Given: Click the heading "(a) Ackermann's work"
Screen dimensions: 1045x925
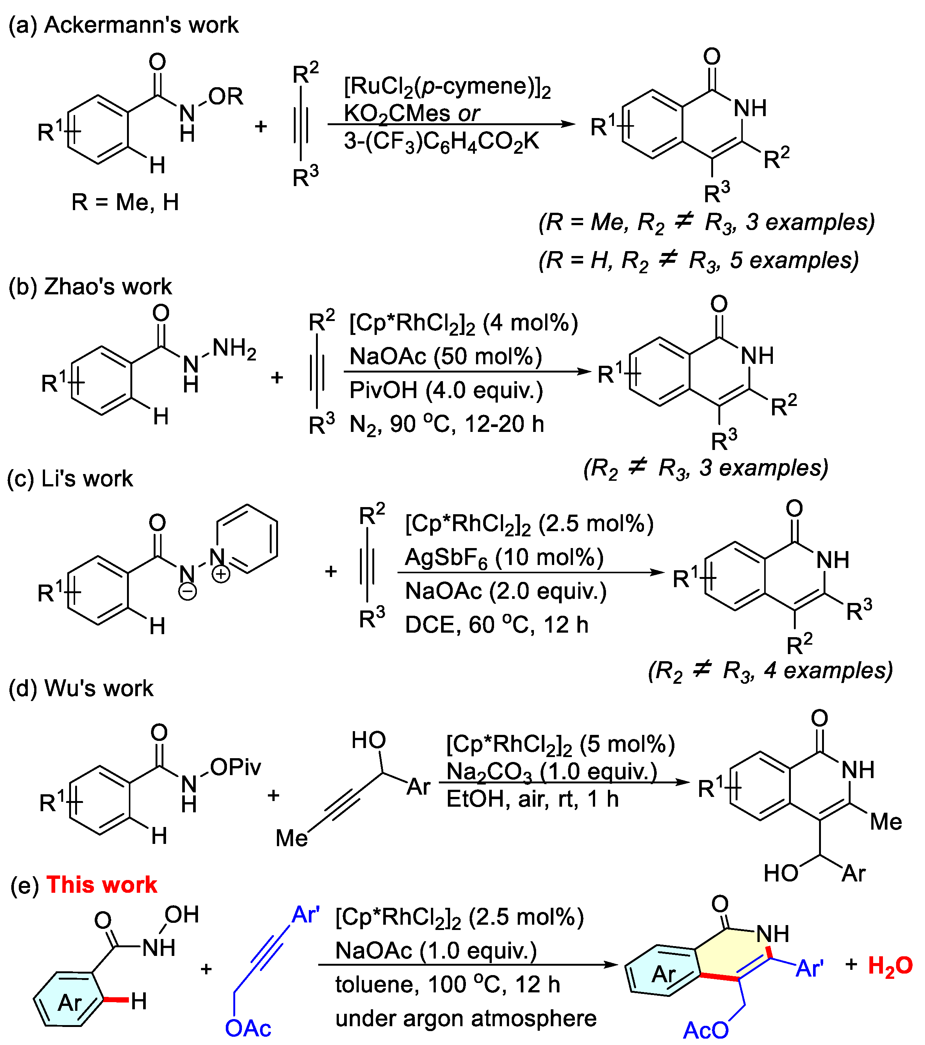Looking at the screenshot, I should pyautogui.click(x=124, y=24).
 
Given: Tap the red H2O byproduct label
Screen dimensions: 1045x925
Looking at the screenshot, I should pyautogui.click(x=890, y=966).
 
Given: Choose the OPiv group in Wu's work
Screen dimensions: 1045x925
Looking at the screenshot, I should pyautogui.click(x=236, y=767).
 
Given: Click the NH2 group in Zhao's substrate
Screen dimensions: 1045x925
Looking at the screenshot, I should pyautogui.click(x=234, y=349).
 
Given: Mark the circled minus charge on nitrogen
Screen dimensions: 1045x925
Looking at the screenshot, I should pyautogui.click(x=187, y=592).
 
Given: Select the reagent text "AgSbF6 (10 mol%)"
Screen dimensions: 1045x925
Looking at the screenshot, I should pyautogui.click(x=504, y=558).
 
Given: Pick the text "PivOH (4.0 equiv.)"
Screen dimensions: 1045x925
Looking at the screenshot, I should pyautogui.click(x=446, y=391).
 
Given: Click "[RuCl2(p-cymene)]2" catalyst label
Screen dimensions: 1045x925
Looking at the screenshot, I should pyautogui.click(x=447, y=87).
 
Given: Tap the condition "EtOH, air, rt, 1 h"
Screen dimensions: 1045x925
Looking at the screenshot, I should pyautogui.click(x=532, y=798).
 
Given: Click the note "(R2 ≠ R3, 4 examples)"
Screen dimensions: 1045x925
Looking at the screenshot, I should pyautogui.click(x=770, y=670).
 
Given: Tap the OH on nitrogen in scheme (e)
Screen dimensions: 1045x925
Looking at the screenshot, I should pyautogui.click(x=181, y=915).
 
